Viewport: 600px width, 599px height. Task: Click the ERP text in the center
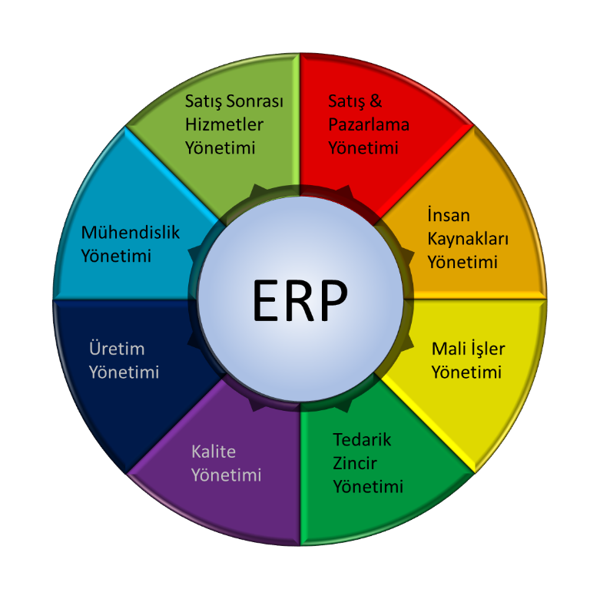point(300,300)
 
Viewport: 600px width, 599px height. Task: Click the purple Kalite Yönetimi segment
point(230,468)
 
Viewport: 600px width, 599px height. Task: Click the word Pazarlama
point(369,124)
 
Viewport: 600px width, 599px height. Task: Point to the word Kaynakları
point(468,239)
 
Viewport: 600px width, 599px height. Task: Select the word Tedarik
point(362,440)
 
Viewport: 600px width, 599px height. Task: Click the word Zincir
point(355,463)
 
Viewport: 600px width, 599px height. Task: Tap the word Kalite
point(214,451)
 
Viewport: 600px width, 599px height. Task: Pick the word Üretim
point(117,349)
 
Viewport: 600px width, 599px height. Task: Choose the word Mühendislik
point(131,233)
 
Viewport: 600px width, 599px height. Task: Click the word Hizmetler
point(224,124)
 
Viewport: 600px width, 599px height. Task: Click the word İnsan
point(449,215)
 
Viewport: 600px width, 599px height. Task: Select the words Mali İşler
point(468,349)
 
